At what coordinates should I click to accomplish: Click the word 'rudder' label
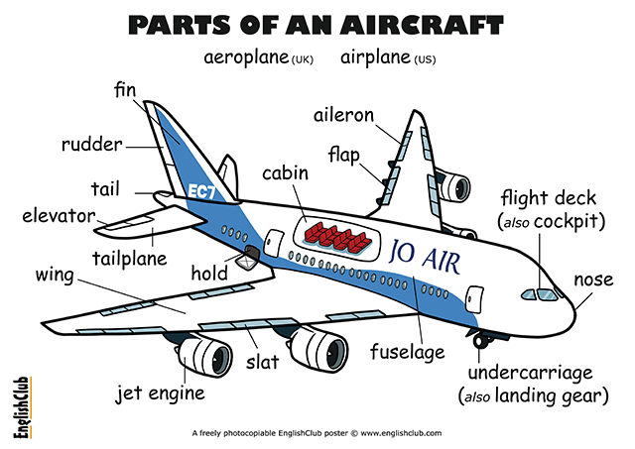pyautogui.click(x=92, y=145)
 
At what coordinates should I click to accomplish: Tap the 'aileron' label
pyautogui.click(x=344, y=115)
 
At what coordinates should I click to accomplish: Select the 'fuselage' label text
pyautogui.click(x=408, y=352)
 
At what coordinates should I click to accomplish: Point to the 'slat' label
pyautogui.click(x=263, y=361)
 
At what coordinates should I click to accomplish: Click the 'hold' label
pyautogui.click(x=209, y=273)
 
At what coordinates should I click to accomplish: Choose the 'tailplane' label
pyautogui.click(x=130, y=258)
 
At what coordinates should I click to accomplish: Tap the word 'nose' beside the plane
pyautogui.click(x=593, y=280)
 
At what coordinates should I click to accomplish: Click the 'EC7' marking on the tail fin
pyautogui.click(x=202, y=191)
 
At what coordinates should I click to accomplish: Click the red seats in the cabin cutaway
pyautogui.click(x=338, y=238)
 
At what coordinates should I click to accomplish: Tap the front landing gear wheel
pyautogui.click(x=480, y=341)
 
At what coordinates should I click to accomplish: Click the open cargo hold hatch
pyautogui.click(x=248, y=258)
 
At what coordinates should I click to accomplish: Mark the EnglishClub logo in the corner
pyautogui.click(x=22, y=407)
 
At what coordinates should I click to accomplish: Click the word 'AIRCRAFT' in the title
pyautogui.click(x=422, y=26)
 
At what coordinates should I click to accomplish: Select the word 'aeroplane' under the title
pyautogui.click(x=246, y=57)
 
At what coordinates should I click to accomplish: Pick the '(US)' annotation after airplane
pyautogui.click(x=425, y=59)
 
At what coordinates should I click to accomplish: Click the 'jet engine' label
pyautogui.click(x=161, y=393)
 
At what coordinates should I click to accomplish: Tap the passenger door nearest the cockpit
pyautogui.click(x=474, y=299)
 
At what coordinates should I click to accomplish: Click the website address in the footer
pyautogui.click(x=401, y=433)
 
